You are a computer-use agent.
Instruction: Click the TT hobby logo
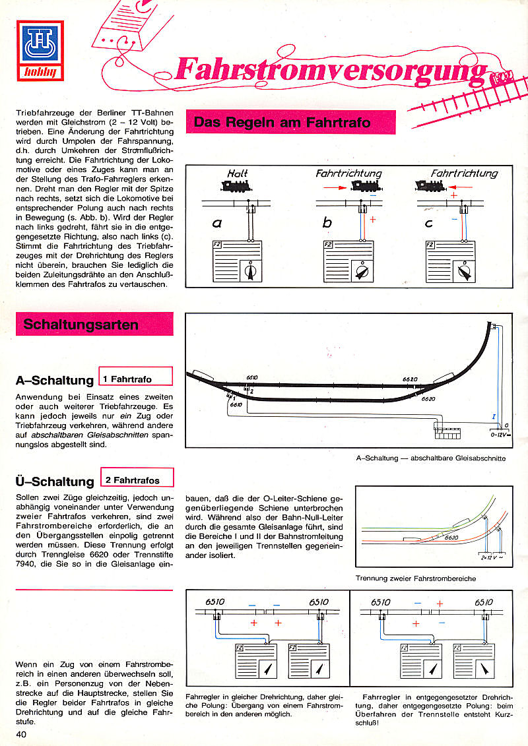[x=40, y=51]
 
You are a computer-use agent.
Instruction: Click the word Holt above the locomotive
[x=238, y=173]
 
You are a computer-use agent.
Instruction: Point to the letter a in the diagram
[x=216, y=224]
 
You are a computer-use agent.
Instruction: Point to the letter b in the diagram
[x=326, y=224]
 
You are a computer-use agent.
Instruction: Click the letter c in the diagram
[x=429, y=223]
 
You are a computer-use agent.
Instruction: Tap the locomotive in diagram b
[x=365, y=187]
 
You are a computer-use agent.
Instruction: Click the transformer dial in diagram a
[x=251, y=271]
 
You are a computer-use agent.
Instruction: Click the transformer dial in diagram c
[x=464, y=271]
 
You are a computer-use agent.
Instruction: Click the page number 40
[x=21, y=735]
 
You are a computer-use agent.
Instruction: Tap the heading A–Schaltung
[x=55, y=381]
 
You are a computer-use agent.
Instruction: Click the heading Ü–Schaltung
[x=55, y=481]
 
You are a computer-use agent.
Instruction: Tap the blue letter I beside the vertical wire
[x=493, y=417]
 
